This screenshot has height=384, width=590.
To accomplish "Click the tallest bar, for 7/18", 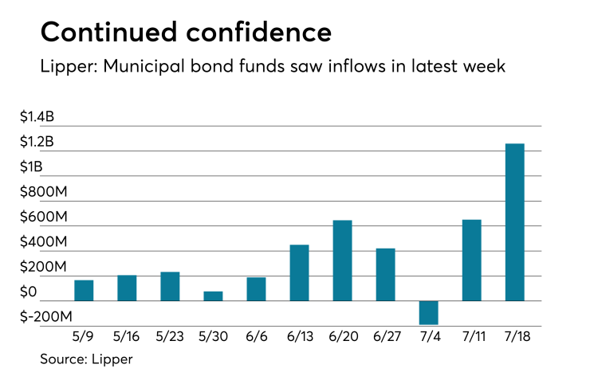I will tap(515, 222).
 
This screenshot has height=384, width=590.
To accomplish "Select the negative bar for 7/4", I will tap(428, 312).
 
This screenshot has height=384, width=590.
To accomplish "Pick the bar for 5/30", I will tap(213, 296).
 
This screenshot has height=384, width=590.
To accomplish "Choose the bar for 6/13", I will tap(299, 272).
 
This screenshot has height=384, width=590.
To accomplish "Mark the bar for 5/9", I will tap(84, 291).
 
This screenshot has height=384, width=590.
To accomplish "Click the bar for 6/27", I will tap(385, 275).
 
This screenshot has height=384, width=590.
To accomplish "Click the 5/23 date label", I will tap(169, 336).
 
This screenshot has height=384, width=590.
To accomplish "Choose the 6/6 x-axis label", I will tap(256, 336).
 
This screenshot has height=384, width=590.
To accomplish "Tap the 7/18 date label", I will tap(515, 336).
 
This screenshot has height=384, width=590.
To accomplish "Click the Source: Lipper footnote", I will tap(86, 359).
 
